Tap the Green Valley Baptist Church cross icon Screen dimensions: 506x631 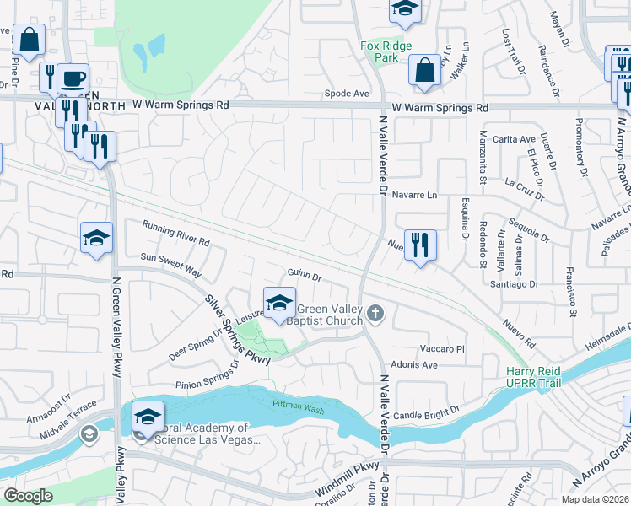click(375, 315)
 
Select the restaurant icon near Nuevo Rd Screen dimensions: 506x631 click(419, 245)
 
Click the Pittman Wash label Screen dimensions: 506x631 click(297, 405)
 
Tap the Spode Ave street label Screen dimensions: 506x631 click(348, 94)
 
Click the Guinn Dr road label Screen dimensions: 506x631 click(305, 275)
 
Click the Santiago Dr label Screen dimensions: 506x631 click(514, 285)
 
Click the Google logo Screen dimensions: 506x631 click(28, 496)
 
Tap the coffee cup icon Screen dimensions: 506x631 click(73, 79)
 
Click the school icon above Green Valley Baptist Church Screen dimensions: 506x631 click(279, 302)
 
